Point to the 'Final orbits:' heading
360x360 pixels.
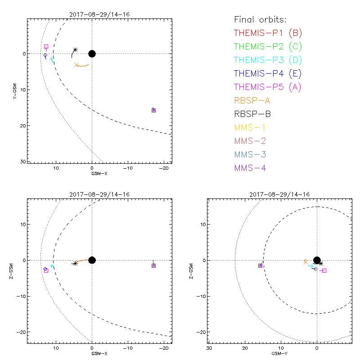point(261,19)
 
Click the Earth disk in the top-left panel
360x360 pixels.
point(92,54)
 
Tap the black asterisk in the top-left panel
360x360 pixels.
point(76,49)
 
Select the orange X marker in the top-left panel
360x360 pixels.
point(76,65)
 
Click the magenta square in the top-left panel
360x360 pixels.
point(46,47)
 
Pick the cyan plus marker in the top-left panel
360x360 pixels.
point(52,59)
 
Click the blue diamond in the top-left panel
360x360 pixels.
point(45,55)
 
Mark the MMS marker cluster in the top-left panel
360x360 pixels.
point(153,110)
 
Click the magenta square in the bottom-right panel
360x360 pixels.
point(324,270)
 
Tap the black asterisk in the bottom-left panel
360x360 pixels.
point(75,263)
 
